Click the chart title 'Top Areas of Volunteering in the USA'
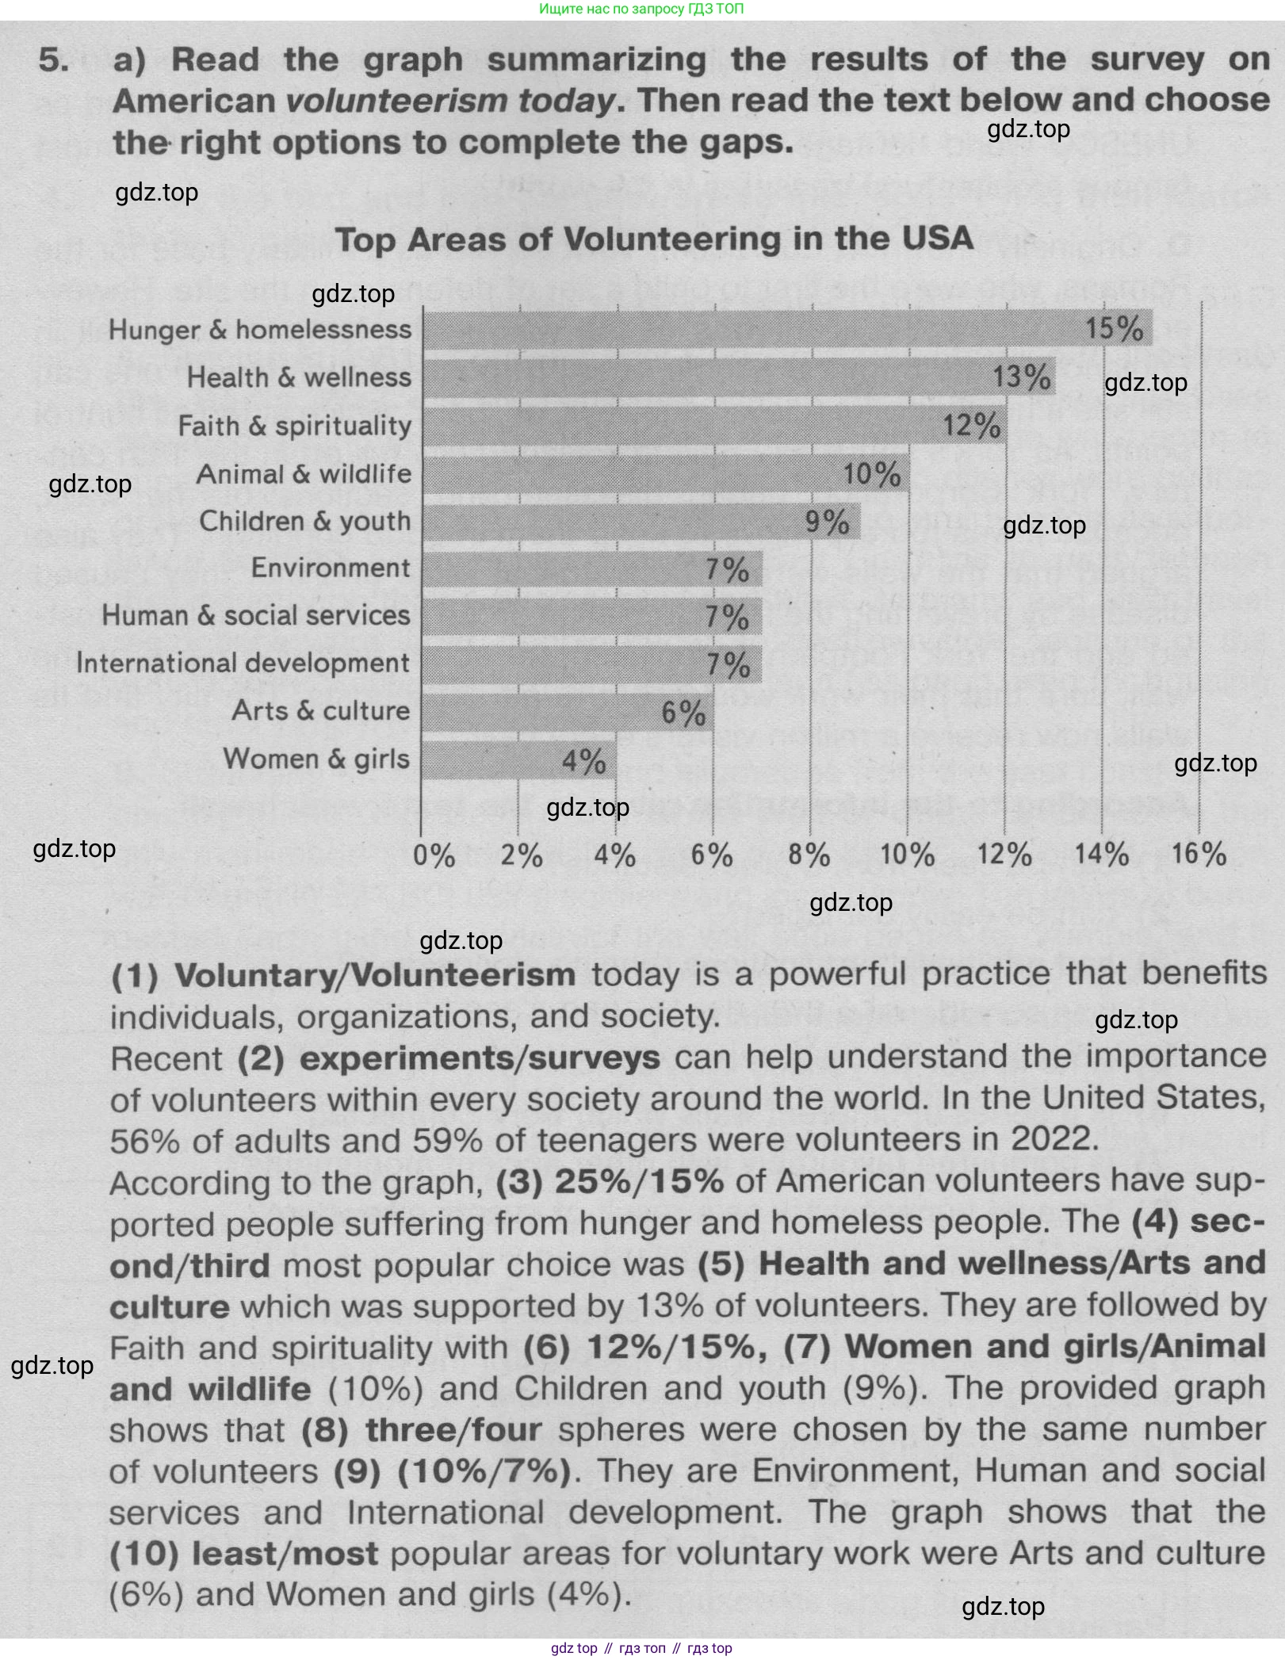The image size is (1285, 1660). (x=654, y=239)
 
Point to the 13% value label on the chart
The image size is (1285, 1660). (x=1022, y=377)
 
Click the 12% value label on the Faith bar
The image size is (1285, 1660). (x=971, y=426)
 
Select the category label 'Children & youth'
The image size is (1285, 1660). (x=305, y=521)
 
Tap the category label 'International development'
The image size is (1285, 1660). (x=243, y=663)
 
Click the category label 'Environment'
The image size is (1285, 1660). (x=331, y=568)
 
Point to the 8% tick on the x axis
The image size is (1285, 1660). (x=809, y=855)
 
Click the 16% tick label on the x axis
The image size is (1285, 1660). (x=1198, y=854)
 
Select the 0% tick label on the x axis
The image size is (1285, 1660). (x=434, y=855)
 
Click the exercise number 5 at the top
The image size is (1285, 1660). (x=54, y=60)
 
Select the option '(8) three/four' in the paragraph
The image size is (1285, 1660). (x=422, y=1430)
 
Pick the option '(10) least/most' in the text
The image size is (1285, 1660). (x=243, y=1554)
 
